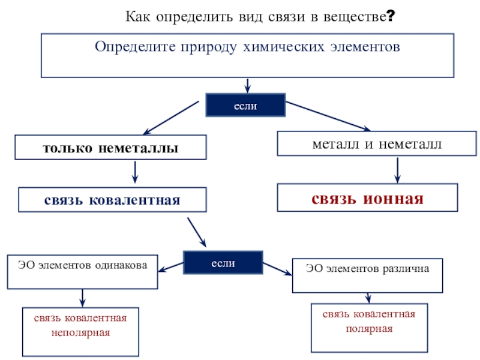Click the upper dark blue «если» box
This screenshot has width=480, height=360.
pos(245,106)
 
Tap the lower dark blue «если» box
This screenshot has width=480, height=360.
pos(223,263)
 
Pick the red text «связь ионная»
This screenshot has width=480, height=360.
pos(367,199)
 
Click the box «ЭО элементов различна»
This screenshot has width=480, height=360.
pos(367,275)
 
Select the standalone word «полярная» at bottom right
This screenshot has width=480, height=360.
pos(368,328)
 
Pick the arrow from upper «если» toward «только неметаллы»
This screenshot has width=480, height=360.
pos(170,118)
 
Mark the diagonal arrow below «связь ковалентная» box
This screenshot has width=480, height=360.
pos(197,232)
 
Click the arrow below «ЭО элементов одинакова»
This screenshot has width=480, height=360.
pos(82,297)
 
